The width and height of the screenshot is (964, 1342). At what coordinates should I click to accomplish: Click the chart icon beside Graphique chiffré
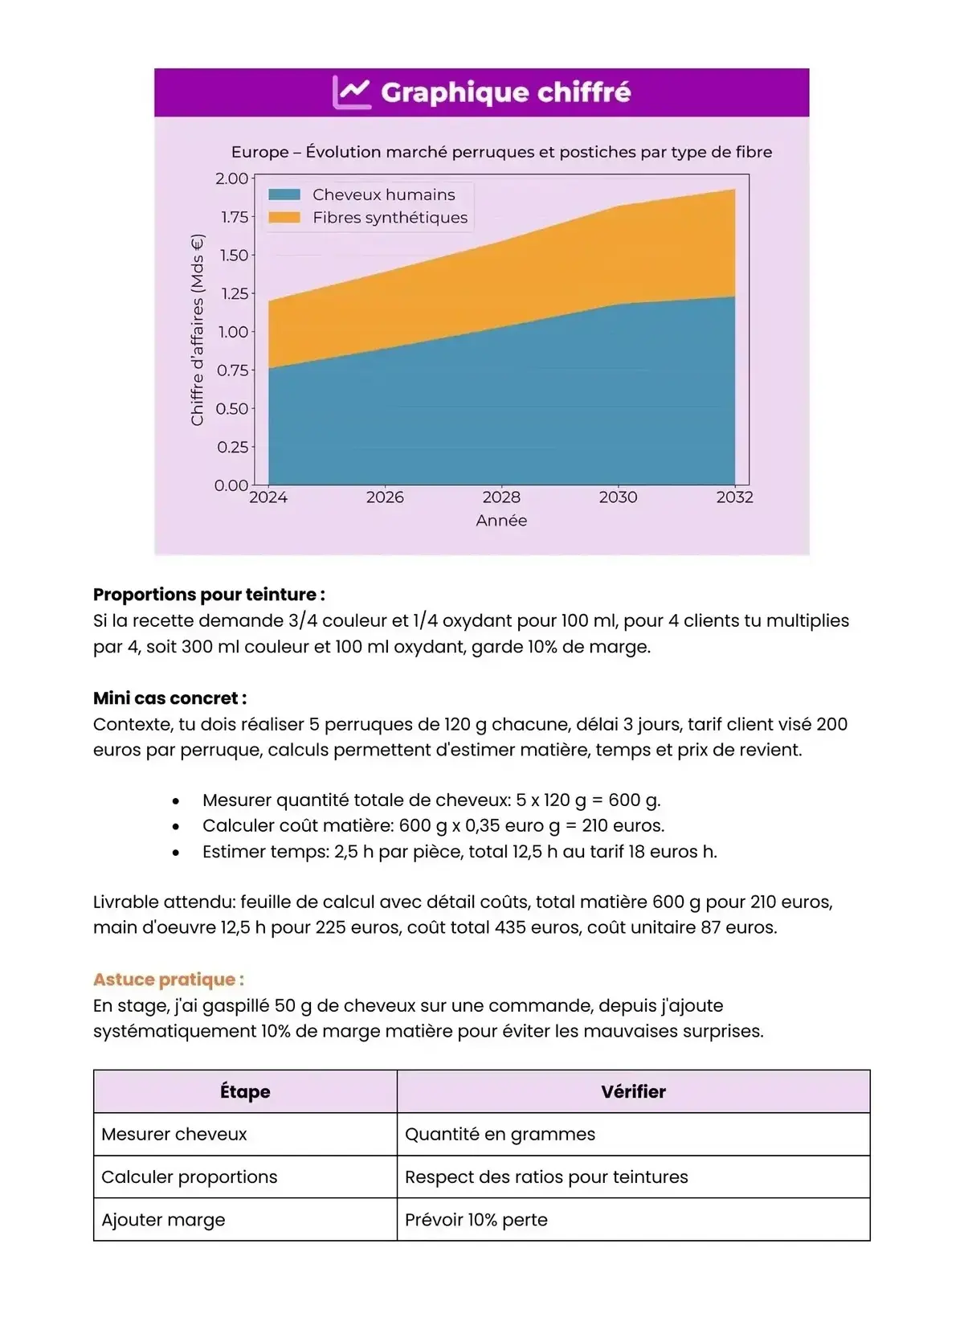click(351, 93)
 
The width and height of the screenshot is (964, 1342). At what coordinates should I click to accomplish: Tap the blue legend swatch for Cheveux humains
click(284, 194)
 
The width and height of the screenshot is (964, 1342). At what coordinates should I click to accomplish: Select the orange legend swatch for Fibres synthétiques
click(284, 218)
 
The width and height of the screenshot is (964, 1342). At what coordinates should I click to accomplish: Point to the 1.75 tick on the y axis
click(235, 217)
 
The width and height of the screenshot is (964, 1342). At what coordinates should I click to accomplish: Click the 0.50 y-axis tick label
click(233, 408)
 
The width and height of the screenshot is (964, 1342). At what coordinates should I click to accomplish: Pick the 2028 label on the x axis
click(501, 497)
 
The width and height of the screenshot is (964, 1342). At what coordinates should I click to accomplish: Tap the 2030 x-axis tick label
click(618, 497)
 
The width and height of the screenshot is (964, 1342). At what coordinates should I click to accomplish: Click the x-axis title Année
click(501, 521)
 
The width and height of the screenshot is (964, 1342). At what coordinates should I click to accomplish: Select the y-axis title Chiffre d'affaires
click(198, 329)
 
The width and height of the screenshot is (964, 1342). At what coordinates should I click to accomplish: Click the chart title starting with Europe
click(501, 152)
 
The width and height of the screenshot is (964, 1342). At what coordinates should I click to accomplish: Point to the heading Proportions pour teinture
click(209, 595)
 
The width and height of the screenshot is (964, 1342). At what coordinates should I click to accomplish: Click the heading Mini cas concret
click(170, 698)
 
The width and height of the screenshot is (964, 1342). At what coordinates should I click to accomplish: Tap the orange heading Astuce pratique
click(169, 980)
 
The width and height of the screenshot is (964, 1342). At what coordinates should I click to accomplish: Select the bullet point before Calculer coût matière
click(176, 826)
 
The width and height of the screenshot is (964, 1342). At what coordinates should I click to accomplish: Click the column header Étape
click(245, 1091)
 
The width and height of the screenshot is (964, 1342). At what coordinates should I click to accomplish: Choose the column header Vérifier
click(633, 1091)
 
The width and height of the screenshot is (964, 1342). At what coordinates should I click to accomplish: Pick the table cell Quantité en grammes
click(500, 1134)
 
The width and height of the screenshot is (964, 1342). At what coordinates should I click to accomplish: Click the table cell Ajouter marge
click(163, 1220)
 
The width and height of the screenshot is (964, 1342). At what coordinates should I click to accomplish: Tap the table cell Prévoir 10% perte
click(476, 1220)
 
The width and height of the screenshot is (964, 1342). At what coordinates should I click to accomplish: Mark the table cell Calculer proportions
click(189, 1177)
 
